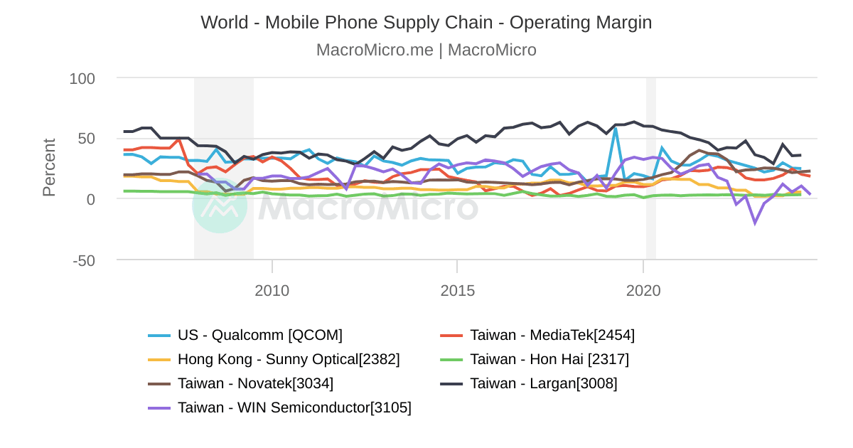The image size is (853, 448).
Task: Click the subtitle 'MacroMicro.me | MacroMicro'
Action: pyautogui.click(x=426, y=50)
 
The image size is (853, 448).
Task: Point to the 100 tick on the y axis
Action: pyautogui.click(x=82, y=78)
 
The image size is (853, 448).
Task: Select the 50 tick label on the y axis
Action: pyautogui.click(x=87, y=138)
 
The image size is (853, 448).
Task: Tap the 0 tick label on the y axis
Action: pyautogui.click(x=91, y=199)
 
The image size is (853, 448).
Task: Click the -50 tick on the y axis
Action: pyautogui.click(x=84, y=260)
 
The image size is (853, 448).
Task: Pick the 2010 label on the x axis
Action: pyautogui.click(x=272, y=291)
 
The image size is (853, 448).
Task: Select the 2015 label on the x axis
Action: pyautogui.click(x=457, y=291)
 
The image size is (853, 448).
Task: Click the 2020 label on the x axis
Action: pyautogui.click(x=643, y=291)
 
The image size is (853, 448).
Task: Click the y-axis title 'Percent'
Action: pyautogui.click(x=49, y=167)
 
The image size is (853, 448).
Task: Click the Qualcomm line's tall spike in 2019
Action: pyautogui.click(x=616, y=127)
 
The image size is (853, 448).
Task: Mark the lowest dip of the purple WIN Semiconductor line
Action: pyautogui.click(x=755, y=223)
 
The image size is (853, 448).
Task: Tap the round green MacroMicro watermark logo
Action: pyautogui.click(x=220, y=206)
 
